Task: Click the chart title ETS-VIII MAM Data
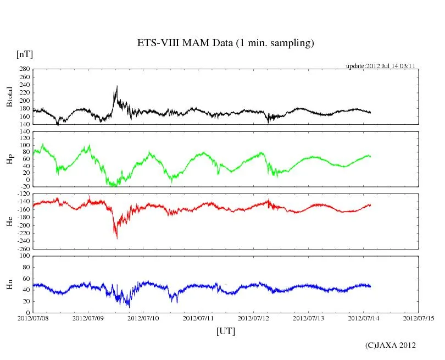(225, 43)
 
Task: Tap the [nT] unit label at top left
(24, 54)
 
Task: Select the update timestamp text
(380, 66)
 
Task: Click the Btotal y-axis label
(9, 97)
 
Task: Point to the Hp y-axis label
(9, 159)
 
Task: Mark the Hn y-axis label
(9, 284)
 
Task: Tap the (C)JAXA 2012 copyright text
(391, 345)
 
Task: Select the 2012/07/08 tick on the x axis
(34, 318)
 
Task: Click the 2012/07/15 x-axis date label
(419, 318)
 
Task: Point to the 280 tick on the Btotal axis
(24, 69)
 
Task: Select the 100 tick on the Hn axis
(24, 256)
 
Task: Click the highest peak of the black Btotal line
(117, 86)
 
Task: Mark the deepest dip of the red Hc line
(116, 238)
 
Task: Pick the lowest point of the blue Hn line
(129, 307)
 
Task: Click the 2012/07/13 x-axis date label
(309, 318)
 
